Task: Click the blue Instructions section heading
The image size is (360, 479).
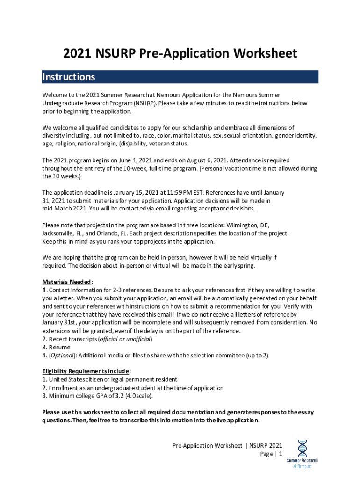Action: [69, 77]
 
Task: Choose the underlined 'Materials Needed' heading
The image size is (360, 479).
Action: [67, 282]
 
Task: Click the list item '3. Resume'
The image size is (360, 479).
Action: [56, 347]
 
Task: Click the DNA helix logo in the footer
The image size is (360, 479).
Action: [302, 449]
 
